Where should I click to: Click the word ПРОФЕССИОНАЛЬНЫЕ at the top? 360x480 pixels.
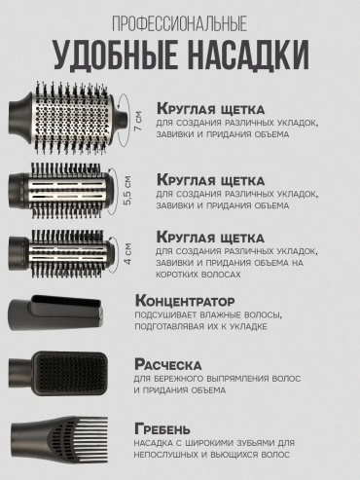click(x=180, y=23)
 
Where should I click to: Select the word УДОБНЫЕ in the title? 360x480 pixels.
click(x=116, y=55)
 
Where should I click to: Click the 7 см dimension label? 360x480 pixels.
click(x=138, y=121)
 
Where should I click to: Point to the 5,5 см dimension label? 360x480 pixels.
click(x=127, y=190)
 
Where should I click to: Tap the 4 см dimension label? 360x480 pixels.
click(x=127, y=253)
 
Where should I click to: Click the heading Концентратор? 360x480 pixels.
click(x=185, y=301)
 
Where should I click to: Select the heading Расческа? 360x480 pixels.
click(x=167, y=364)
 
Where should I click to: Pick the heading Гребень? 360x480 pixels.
click(x=162, y=429)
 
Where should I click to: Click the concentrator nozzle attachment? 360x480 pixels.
click(x=56, y=313)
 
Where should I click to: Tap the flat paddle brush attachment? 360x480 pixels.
click(x=57, y=373)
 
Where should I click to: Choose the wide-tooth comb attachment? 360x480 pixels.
click(x=59, y=439)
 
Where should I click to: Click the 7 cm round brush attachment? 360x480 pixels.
click(x=68, y=118)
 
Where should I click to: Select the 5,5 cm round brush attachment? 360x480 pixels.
click(x=61, y=191)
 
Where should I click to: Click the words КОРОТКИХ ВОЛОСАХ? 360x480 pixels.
click(x=198, y=275)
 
